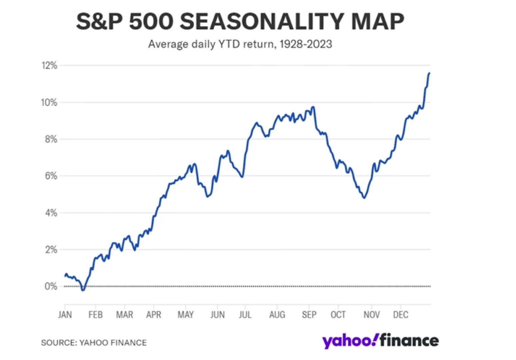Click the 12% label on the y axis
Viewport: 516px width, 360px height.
(x=49, y=66)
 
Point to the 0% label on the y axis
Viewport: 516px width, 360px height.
(x=51, y=286)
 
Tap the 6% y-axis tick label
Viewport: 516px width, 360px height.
(x=51, y=176)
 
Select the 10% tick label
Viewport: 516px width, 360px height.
(x=49, y=103)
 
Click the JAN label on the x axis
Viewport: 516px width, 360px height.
(x=65, y=315)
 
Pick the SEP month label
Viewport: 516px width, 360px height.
(x=309, y=315)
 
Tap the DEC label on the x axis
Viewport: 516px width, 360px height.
(x=400, y=315)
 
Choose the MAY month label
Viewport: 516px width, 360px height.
(x=185, y=315)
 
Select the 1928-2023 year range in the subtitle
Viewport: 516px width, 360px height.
(x=306, y=44)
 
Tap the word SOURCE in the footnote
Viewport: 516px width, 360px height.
(x=58, y=343)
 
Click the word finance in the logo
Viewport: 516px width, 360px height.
(x=409, y=341)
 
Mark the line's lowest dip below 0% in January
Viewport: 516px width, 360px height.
(x=83, y=290)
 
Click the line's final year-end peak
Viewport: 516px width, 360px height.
(x=429, y=73)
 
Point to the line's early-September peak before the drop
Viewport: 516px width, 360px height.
(x=313, y=107)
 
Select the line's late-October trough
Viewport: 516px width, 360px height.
(x=364, y=198)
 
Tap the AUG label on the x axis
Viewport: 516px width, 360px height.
(x=277, y=315)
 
